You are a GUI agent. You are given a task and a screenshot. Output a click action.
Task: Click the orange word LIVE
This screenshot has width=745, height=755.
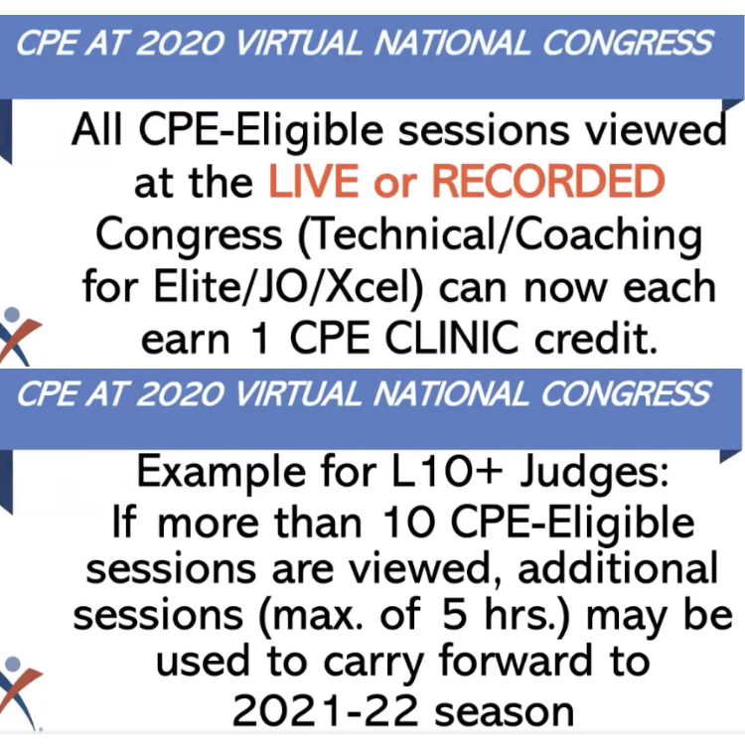[314, 181]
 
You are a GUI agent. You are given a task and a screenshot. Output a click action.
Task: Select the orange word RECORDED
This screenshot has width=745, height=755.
[548, 181]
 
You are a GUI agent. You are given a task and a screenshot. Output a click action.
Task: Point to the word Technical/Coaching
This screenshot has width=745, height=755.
[500, 236]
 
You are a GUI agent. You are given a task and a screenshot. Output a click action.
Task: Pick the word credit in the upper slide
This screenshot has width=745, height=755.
[596, 338]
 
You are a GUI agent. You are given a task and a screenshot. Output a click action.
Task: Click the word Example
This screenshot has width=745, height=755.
[222, 473]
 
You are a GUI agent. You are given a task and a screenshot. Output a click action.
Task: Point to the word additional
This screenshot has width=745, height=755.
[618, 568]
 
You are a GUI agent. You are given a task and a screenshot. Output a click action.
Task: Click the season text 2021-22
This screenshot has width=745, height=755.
[325, 711]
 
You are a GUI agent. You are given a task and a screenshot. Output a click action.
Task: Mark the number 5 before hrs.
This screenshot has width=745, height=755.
[455, 615]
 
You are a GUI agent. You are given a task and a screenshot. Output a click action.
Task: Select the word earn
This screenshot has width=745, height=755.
[186, 341]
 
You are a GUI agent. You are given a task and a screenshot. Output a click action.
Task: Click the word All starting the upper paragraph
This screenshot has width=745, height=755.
[96, 129]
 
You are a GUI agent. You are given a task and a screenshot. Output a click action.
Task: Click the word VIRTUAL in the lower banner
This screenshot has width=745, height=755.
[298, 393]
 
